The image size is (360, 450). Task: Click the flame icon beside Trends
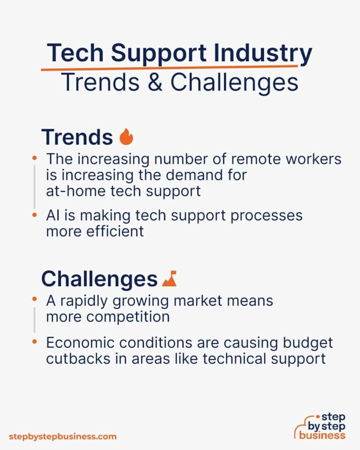[x=127, y=137]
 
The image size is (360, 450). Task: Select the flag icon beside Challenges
[x=169, y=279]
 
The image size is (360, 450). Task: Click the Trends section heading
[x=77, y=137]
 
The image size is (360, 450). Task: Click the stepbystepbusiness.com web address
[x=63, y=436]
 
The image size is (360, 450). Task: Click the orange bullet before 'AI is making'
[x=34, y=215]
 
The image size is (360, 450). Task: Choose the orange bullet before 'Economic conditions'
[x=34, y=343]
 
